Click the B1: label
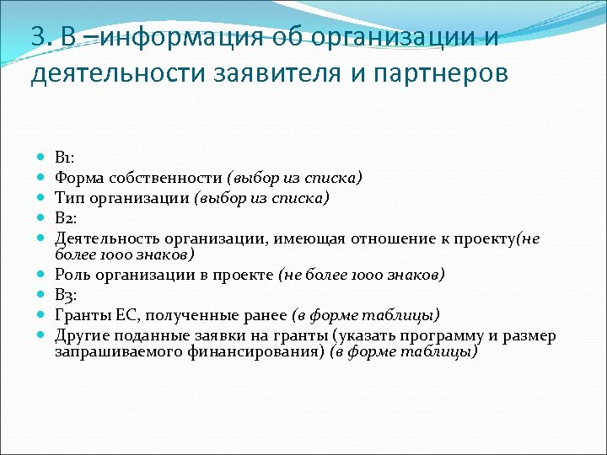pyautogui.click(x=66, y=158)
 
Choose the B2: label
pyautogui.click(x=67, y=218)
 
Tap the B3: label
pyautogui.click(x=67, y=295)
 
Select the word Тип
pyautogui.click(x=69, y=198)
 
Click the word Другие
pyautogui.click(x=81, y=335)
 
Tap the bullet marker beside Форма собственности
pyautogui.click(x=41, y=178)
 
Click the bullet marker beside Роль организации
pyautogui.click(x=41, y=275)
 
